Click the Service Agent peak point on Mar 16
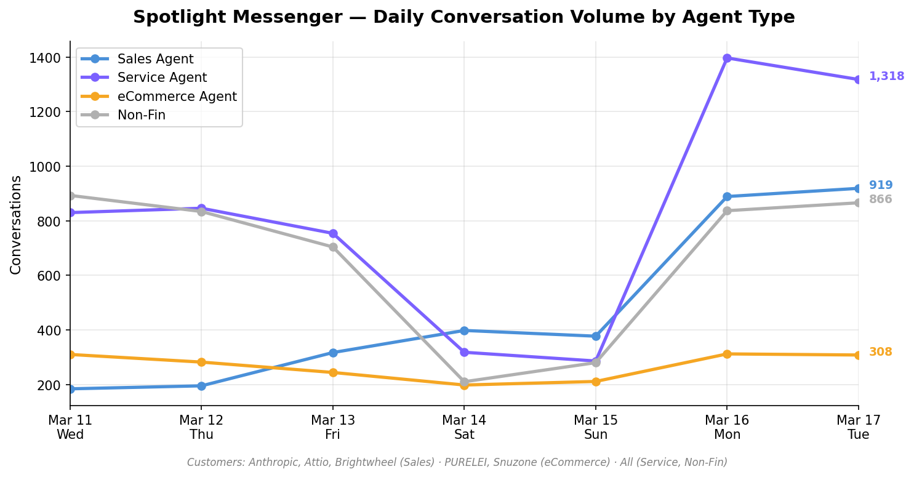click(727, 58)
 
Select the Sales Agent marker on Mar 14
click(464, 331)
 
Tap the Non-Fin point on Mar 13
click(333, 247)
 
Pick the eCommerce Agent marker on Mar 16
click(727, 354)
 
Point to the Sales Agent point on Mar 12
click(201, 386)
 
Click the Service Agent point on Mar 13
click(333, 233)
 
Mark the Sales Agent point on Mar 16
click(727, 196)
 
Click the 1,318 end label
click(886, 76)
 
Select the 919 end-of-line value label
click(881, 185)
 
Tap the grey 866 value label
click(880, 199)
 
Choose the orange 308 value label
click(880, 352)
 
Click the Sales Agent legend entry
click(155, 59)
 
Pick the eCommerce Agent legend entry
click(177, 97)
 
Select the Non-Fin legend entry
click(141, 115)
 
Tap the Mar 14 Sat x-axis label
click(464, 427)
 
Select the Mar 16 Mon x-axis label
click(727, 427)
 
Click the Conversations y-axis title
click(16, 225)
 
